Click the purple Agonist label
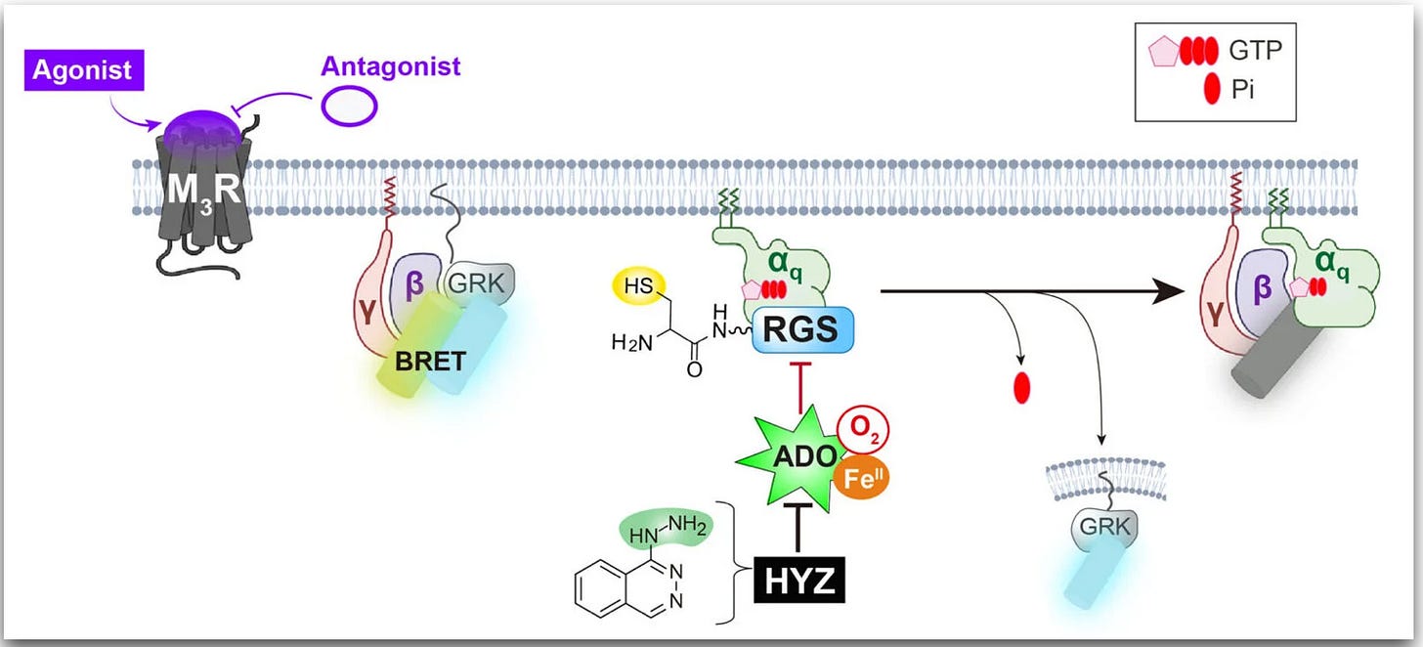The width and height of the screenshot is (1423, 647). pyautogui.click(x=87, y=69)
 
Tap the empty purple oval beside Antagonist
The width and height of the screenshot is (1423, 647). pyautogui.click(x=348, y=107)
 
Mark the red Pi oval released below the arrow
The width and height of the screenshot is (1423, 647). pyautogui.click(x=1023, y=389)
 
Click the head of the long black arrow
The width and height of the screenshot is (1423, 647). pyautogui.click(x=1163, y=290)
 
